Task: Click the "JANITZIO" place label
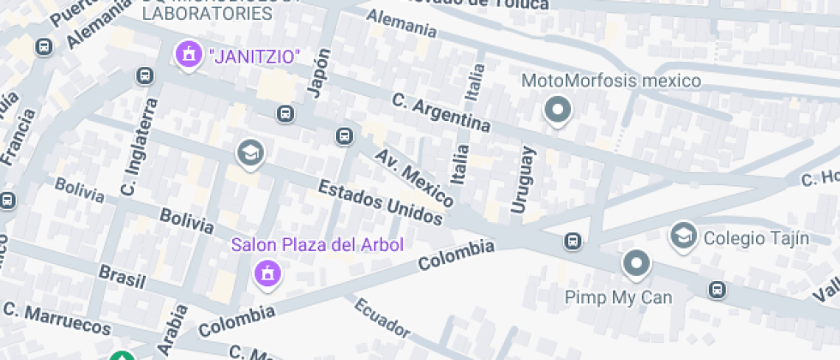(255, 57)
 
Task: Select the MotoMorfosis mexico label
(611, 81)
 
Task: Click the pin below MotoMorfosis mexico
(559, 110)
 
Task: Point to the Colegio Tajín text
(756, 238)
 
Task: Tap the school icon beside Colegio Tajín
(683, 234)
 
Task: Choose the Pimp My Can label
(618, 297)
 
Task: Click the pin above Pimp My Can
(636, 264)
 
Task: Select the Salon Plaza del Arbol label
(317, 245)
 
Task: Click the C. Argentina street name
(441, 113)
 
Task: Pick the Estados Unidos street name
(381, 202)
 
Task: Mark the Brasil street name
(123, 275)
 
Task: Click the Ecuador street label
(382, 318)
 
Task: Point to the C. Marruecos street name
(57, 317)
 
